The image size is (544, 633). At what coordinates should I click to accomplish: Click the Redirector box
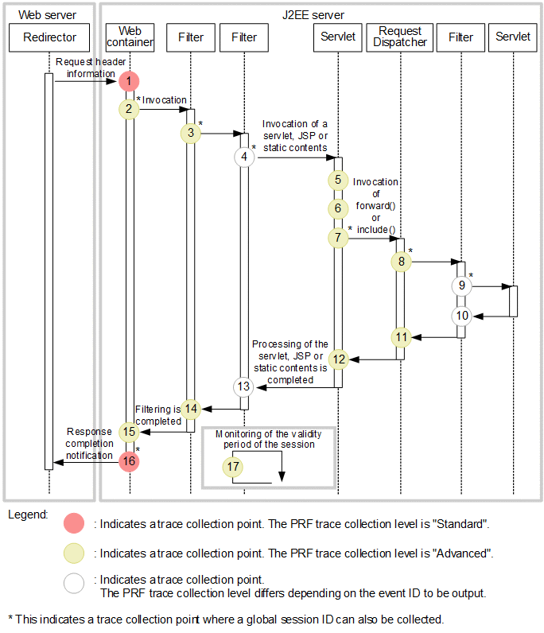(x=50, y=37)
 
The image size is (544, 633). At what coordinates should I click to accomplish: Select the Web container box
(x=130, y=37)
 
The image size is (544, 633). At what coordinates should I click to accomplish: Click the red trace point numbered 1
(x=129, y=81)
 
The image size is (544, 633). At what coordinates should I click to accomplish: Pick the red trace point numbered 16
(x=129, y=461)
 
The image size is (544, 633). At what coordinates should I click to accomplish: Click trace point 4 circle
(x=245, y=157)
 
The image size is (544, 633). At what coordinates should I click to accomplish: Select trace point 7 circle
(x=340, y=238)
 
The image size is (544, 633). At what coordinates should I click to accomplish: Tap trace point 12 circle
(x=340, y=359)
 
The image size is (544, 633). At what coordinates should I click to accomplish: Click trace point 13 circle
(x=244, y=386)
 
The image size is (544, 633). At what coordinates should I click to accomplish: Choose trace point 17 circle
(x=233, y=468)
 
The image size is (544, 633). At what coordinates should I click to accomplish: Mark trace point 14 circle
(x=191, y=409)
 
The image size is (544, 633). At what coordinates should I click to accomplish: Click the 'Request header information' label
(x=85, y=68)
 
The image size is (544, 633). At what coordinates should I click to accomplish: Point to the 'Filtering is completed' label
(x=157, y=415)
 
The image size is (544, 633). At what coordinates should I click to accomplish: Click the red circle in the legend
(x=74, y=524)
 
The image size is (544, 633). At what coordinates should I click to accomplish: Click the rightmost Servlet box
(x=513, y=37)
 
